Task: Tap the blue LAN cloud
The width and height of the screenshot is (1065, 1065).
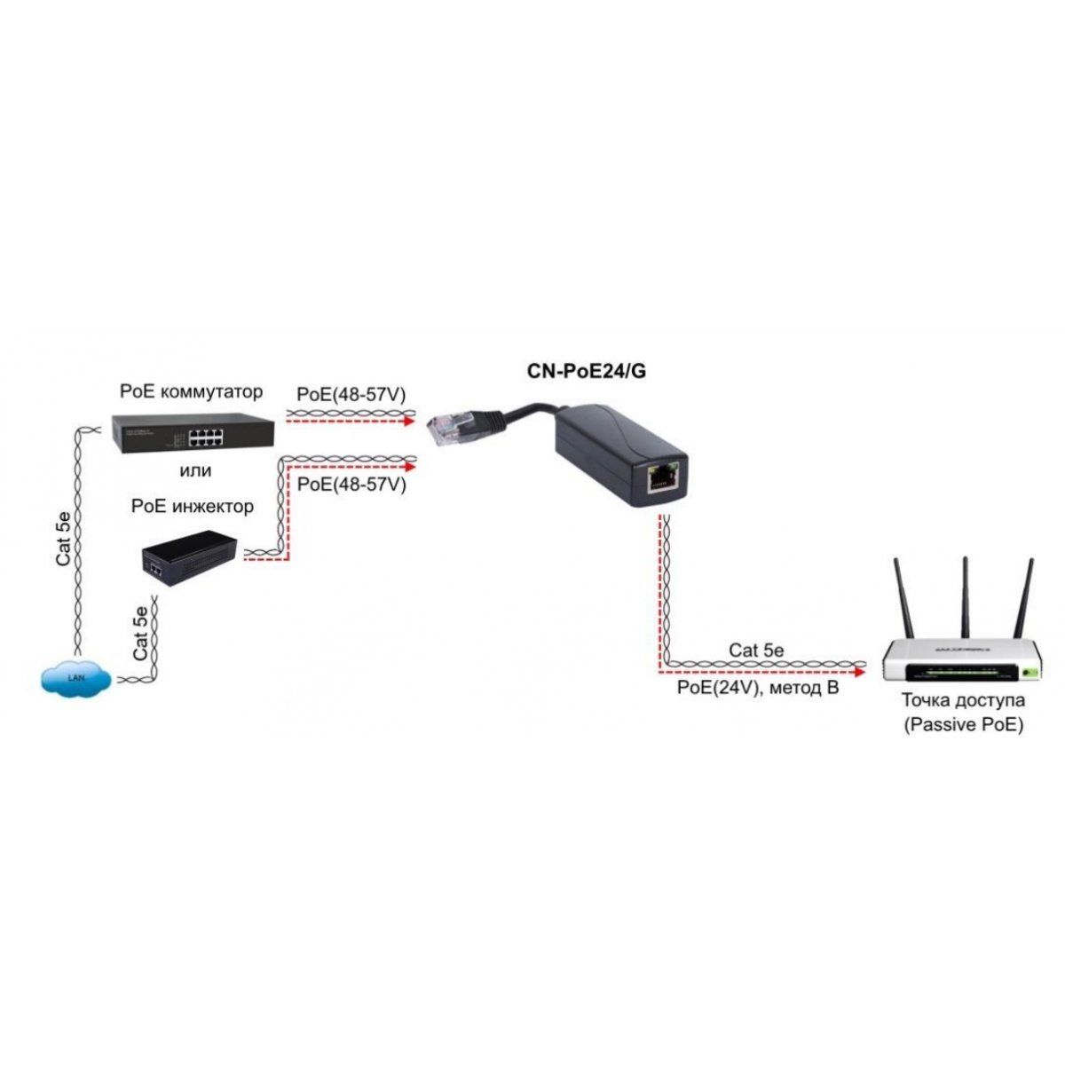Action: coord(75,679)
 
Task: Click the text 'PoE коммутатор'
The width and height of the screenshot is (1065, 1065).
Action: coord(192,391)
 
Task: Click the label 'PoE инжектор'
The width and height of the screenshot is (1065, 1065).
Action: coord(192,507)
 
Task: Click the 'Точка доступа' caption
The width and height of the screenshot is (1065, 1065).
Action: coord(963,699)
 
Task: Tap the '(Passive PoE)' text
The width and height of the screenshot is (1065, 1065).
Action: coord(963,725)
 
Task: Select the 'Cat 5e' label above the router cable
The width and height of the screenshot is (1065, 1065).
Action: coord(756,651)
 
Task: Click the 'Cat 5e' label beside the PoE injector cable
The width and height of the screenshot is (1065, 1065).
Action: coord(140,632)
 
